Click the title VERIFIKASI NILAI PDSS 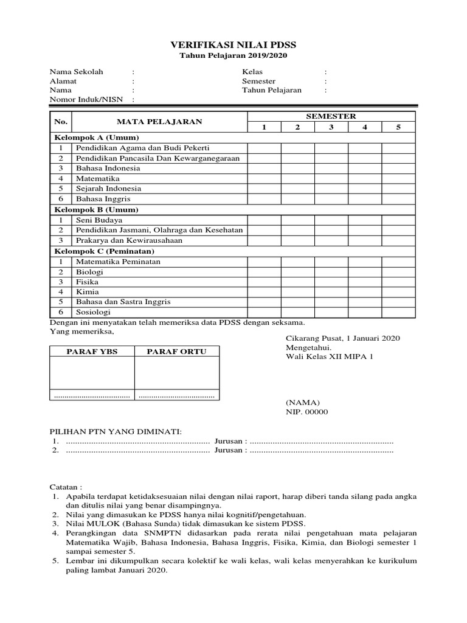click(233, 46)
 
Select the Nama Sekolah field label click(77, 72)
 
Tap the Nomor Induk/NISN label click(87, 100)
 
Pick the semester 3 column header click(331, 127)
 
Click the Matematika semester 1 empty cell click(264, 179)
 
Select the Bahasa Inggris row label click(103, 199)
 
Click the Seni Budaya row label click(99, 220)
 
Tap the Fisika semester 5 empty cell click(398, 282)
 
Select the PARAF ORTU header click(177, 352)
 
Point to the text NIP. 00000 click(306, 412)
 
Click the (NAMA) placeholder click(303, 403)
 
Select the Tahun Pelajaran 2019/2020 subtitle click(233, 56)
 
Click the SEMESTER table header click(331, 116)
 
